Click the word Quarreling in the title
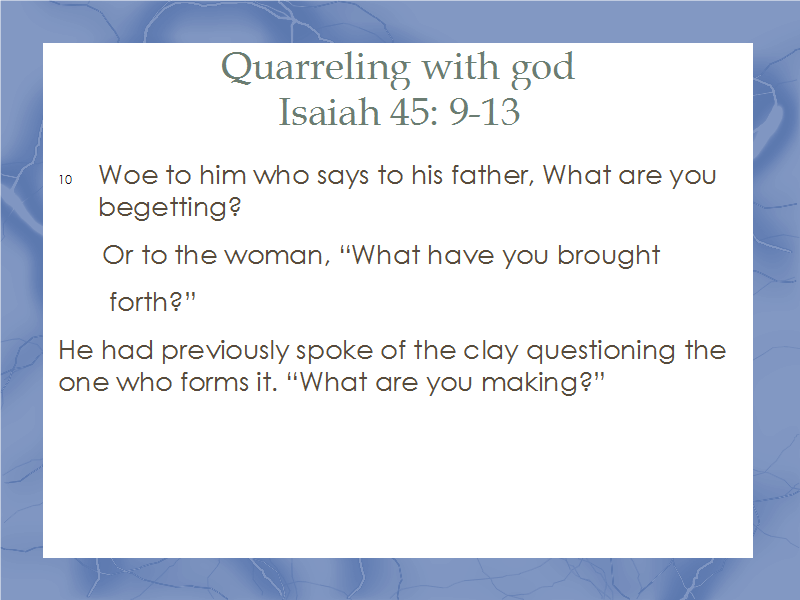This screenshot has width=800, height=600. (x=315, y=68)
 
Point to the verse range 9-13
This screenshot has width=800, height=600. (x=484, y=111)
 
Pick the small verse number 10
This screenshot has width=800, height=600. (x=65, y=180)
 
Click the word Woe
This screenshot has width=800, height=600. (x=128, y=175)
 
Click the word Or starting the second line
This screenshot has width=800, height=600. (x=118, y=255)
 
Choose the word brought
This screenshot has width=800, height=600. (x=609, y=255)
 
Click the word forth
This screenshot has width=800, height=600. (x=139, y=302)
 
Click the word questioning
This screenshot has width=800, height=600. (x=601, y=351)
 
